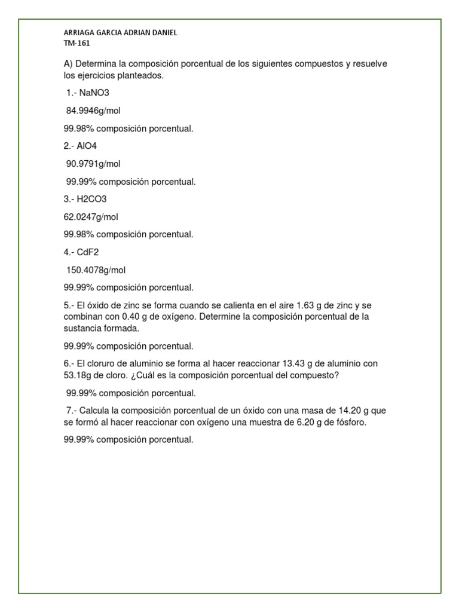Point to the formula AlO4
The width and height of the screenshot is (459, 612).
pos(87,146)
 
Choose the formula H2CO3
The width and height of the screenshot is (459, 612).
pos(92,199)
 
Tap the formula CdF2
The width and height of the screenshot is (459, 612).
pos(90,252)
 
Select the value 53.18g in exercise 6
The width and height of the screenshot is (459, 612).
pos(78,375)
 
